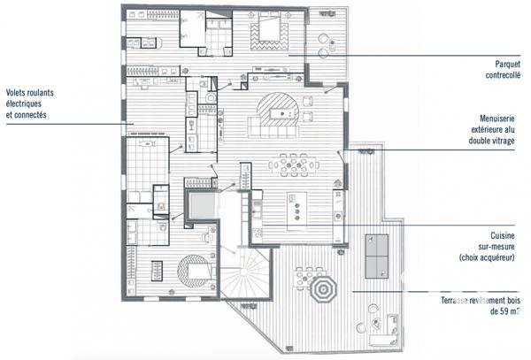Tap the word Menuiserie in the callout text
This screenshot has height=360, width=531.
(500, 117)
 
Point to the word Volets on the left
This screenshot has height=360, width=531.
(19, 92)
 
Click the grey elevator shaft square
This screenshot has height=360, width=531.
(201, 206)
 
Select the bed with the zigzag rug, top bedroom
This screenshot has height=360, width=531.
(270, 34)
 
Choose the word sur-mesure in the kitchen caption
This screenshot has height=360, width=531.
(501, 247)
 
